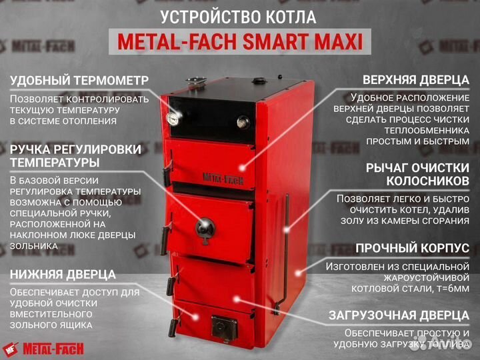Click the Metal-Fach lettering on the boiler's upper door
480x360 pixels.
pyautogui.click(x=222, y=178)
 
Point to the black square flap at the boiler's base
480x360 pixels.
pyautogui.click(x=224, y=327)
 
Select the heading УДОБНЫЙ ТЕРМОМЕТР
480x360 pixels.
pyautogui.click(x=79, y=81)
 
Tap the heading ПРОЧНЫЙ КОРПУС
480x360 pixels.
pyautogui.click(x=412, y=248)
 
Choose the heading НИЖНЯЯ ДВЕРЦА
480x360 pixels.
pyautogui.click(x=63, y=274)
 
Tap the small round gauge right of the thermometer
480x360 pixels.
pyautogui.click(x=243, y=122)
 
